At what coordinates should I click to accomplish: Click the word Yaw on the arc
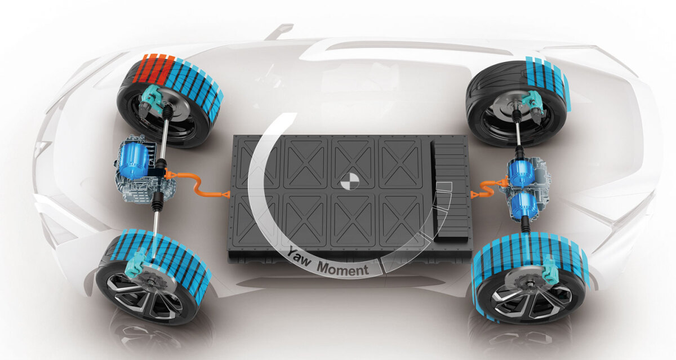(299, 256)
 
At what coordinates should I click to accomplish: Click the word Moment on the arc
(343, 269)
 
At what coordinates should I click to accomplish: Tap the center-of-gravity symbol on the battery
(350, 181)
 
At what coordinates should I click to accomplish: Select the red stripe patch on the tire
(153, 69)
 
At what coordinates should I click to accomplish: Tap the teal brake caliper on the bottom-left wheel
(138, 263)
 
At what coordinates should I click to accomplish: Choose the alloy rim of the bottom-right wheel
(531, 299)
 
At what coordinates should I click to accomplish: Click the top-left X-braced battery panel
(256, 163)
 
